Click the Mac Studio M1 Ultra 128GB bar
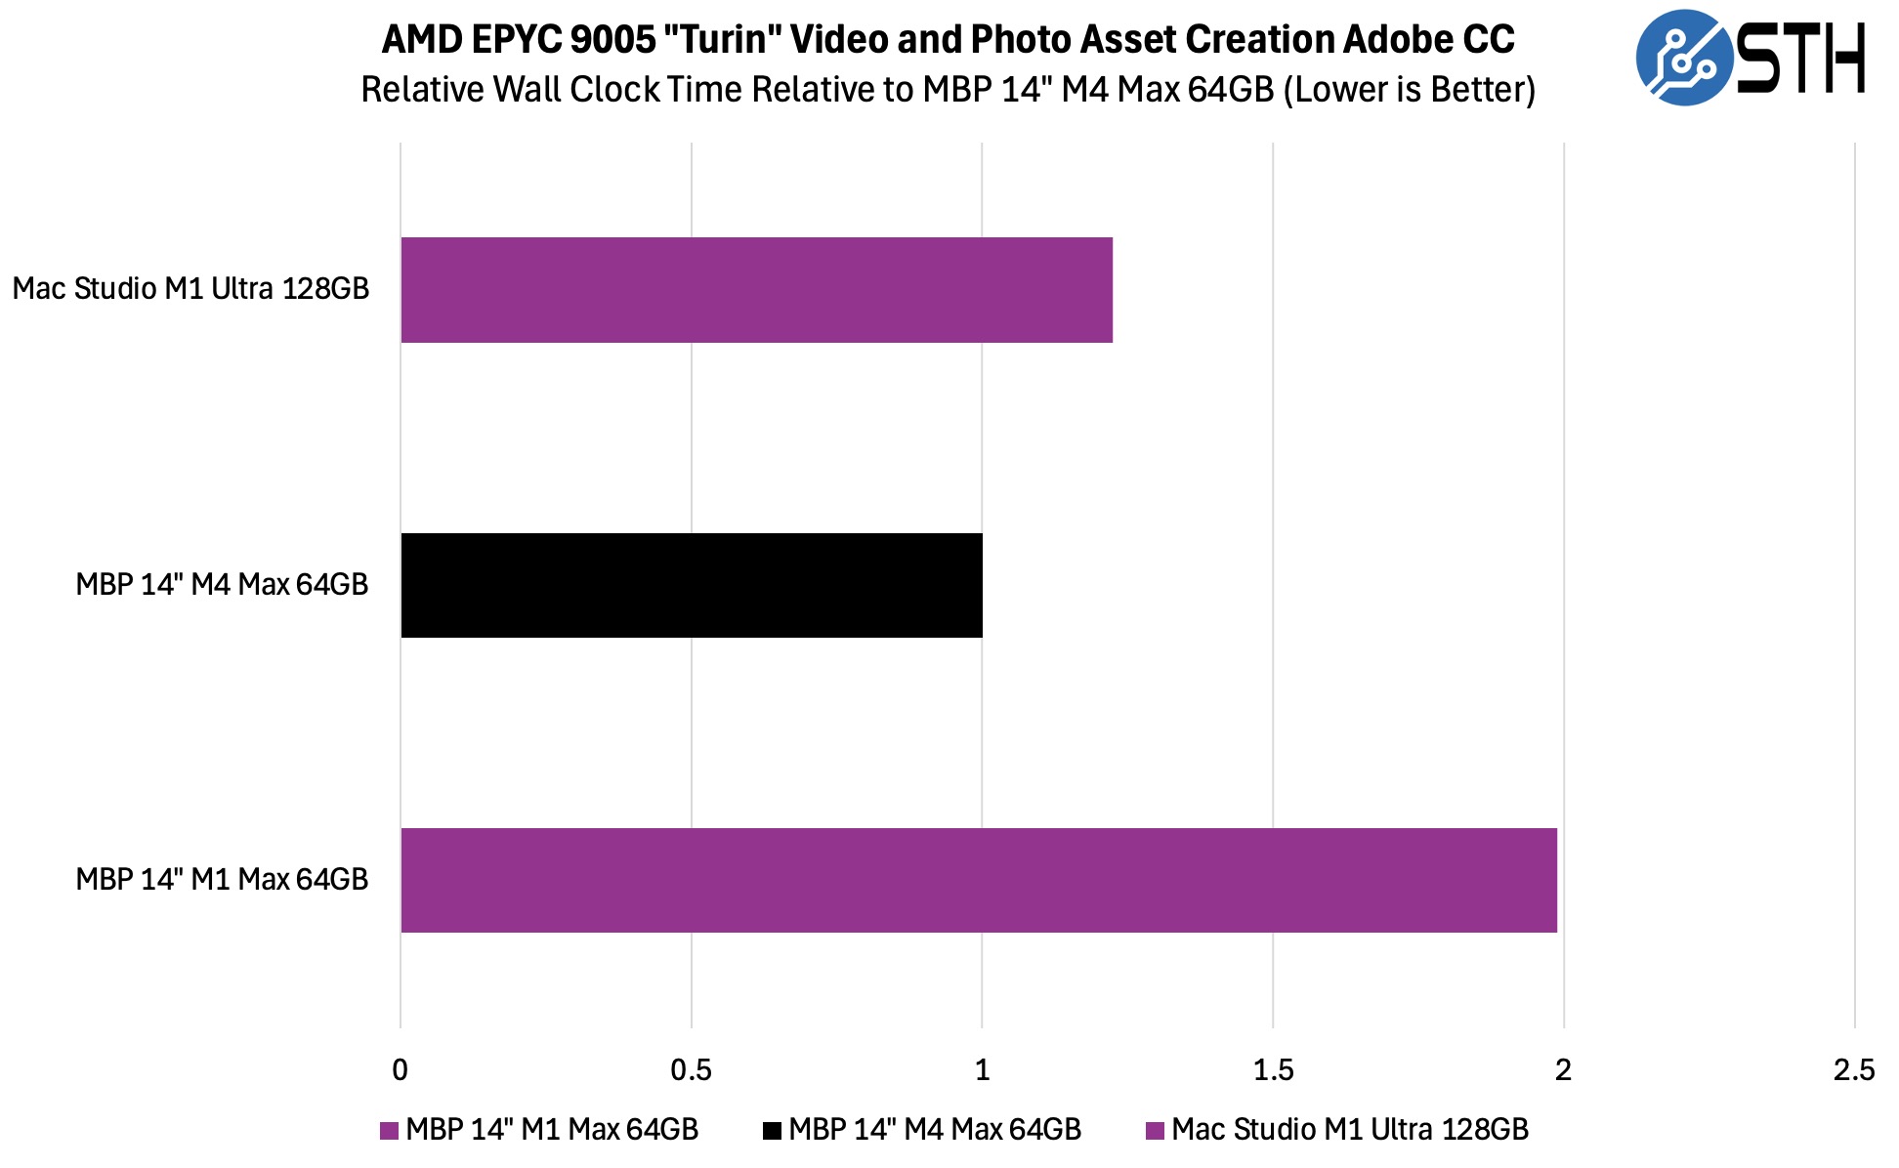[x=756, y=290]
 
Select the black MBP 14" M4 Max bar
[x=692, y=585]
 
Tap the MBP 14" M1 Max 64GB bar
[x=978, y=880]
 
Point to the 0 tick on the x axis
[x=400, y=1070]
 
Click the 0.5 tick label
[x=691, y=1070]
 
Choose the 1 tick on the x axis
[x=982, y=1070]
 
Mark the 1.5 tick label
[x=1273, y=1070]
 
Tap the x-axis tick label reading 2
[x=1563, y=1070]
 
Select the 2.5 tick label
[x=1853, y=1070]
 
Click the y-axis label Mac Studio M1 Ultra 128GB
[x=190, y=289]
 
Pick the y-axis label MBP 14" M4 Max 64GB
[x=222, y=585]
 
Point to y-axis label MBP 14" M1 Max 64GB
[x=222, y=880]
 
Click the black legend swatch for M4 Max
[x=773, y=1131]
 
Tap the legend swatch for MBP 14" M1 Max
[x=390, y=1131]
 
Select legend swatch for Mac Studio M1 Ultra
[x=1156, y=1131]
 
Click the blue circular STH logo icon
[x=1684, y=58]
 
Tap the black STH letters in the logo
[x=1801, y=59]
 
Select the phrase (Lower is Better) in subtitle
[x=1410, y=90]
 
